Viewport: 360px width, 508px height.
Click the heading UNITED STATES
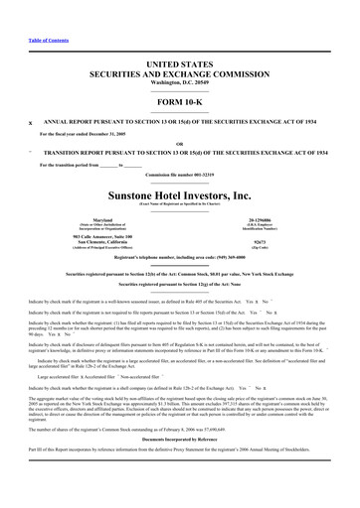(x=179, y=63)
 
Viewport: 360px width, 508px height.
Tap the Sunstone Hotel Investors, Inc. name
(x=179, y=194)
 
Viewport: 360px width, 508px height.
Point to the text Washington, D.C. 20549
(x=179, y=81)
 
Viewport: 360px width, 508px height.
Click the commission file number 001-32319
(x=179, y=175)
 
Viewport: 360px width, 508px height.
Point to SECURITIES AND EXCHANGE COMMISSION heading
(x=179, y=72)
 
